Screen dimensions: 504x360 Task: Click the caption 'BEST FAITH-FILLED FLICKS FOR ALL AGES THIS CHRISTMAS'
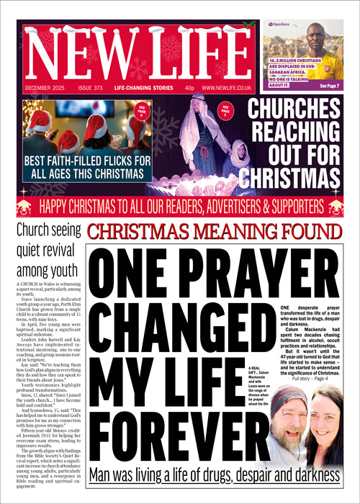86,166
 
